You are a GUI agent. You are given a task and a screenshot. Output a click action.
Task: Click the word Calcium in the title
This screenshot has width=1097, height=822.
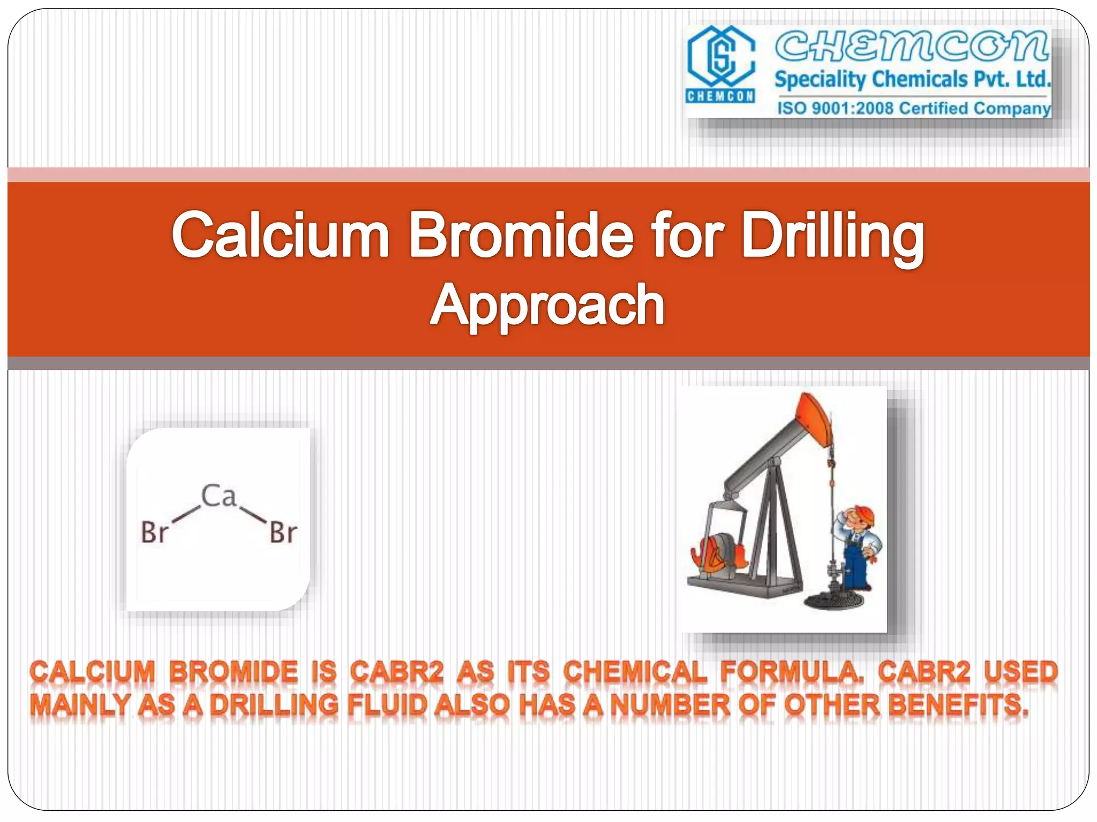point(280,235)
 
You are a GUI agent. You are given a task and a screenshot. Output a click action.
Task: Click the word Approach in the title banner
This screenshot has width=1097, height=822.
point(547,305)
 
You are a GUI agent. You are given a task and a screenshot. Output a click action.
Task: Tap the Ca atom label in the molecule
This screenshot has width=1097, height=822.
point(219,496)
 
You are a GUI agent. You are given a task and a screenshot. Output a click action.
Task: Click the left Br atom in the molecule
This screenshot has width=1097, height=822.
point(154,532)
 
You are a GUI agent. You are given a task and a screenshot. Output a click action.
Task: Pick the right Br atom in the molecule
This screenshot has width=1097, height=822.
point(283,532)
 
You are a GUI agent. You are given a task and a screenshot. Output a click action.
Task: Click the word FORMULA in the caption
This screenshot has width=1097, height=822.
point(791,672)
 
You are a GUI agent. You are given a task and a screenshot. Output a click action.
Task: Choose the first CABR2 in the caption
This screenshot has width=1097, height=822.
point(397,672)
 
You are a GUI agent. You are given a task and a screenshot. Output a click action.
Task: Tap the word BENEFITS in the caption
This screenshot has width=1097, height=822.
point(958,705)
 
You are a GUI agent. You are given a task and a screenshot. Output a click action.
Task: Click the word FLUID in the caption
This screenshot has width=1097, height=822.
point(387,705)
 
